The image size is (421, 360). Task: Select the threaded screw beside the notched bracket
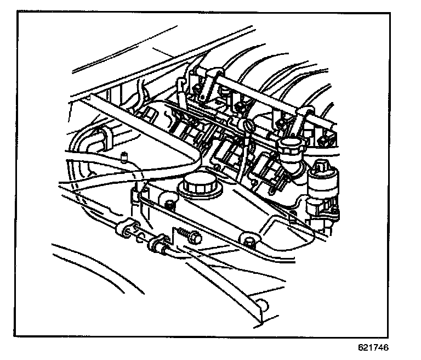pos(191,237)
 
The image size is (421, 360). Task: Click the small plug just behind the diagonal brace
pos(150,114)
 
